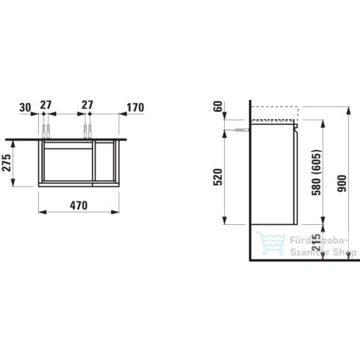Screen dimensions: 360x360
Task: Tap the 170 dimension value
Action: point(134,107)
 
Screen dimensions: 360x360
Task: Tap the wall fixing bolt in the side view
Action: point(240,128)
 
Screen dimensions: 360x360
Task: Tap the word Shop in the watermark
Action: point(345,253)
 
